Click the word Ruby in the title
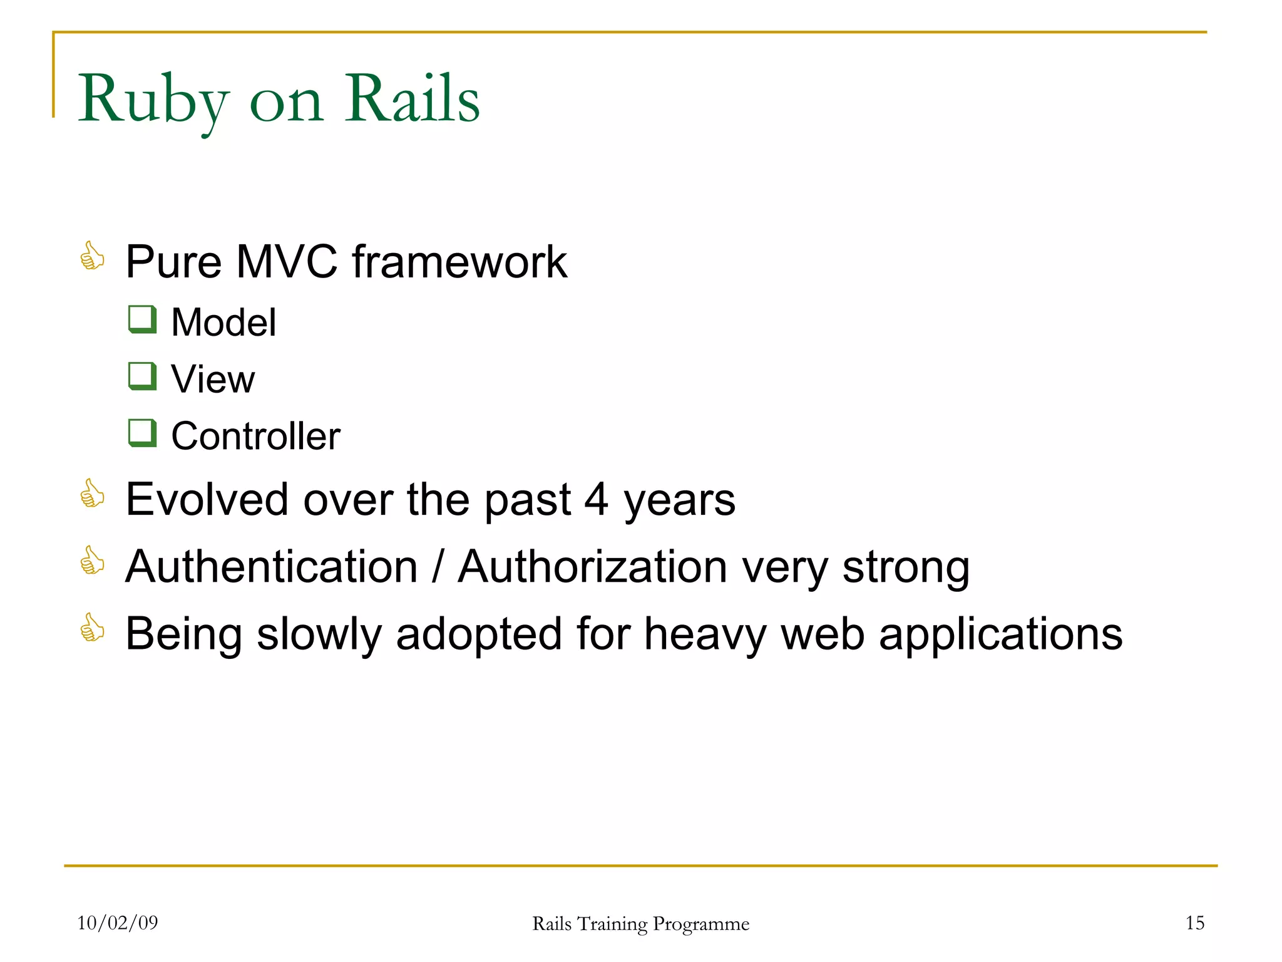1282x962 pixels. (153, 100)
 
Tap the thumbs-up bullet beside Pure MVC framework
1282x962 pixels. (92, 256)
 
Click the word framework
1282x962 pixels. (459, 262)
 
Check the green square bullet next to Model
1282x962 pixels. (142, 319)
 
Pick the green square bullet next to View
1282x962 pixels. (142, 376)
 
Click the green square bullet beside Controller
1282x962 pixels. (142, 433)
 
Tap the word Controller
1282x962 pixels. (255, 436)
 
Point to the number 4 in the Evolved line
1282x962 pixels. (596, 500)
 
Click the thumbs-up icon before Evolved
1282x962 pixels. (92, 494)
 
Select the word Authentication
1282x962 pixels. (271, 567)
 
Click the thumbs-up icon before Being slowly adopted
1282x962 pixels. (92, 628)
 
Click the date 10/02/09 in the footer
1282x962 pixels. (117, 923)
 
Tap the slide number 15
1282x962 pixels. (1194, 923)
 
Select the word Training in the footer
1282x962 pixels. (612, 924)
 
